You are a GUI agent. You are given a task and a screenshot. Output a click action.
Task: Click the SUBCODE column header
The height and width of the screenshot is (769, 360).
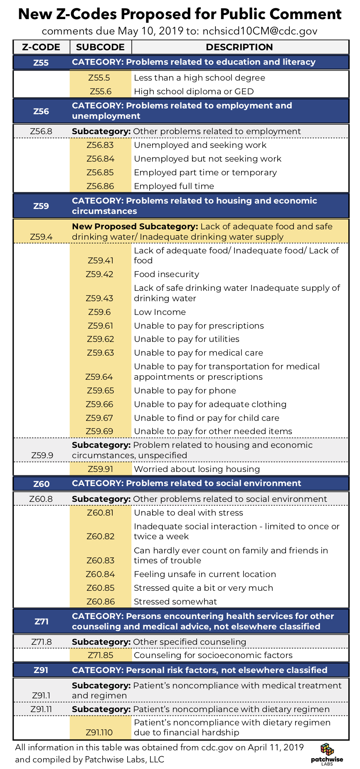100,47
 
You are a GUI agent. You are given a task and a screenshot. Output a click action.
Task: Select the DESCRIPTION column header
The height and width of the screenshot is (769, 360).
239,47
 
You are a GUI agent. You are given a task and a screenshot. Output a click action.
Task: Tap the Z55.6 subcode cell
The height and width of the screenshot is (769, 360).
100,91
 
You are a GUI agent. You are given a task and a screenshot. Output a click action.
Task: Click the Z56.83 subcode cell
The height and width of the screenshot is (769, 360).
100,145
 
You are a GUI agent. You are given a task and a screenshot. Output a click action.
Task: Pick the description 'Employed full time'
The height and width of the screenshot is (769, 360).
174,186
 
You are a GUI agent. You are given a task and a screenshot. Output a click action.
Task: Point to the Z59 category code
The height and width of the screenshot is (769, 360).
41,206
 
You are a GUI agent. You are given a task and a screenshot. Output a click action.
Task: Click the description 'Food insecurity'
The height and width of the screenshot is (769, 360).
166,274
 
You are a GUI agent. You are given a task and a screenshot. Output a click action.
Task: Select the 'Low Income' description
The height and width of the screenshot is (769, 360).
160,312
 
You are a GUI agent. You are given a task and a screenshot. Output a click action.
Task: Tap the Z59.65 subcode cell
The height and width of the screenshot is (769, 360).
100,391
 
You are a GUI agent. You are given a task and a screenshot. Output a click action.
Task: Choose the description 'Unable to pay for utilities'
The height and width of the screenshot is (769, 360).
186,339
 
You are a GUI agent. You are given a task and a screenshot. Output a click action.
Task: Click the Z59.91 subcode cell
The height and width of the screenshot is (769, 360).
100,469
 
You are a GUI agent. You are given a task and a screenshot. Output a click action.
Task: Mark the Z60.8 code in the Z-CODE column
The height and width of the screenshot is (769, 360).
41,499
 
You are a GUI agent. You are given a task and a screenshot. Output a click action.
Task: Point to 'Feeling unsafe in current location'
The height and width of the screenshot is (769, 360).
205,574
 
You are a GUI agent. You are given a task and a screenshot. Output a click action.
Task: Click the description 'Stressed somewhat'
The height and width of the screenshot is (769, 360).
175,602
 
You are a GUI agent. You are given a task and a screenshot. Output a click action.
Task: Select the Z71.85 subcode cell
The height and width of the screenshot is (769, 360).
100,655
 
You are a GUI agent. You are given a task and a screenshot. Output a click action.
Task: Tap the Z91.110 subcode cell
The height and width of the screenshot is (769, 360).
99,732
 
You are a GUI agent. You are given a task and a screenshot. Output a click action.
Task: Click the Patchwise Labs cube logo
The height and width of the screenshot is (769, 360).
327,750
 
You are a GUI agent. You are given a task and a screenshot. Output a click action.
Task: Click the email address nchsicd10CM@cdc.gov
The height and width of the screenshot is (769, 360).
260,31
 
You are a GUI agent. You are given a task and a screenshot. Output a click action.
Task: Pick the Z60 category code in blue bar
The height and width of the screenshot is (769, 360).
41,484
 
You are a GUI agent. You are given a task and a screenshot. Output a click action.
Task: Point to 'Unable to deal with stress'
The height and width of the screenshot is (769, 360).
188,513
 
